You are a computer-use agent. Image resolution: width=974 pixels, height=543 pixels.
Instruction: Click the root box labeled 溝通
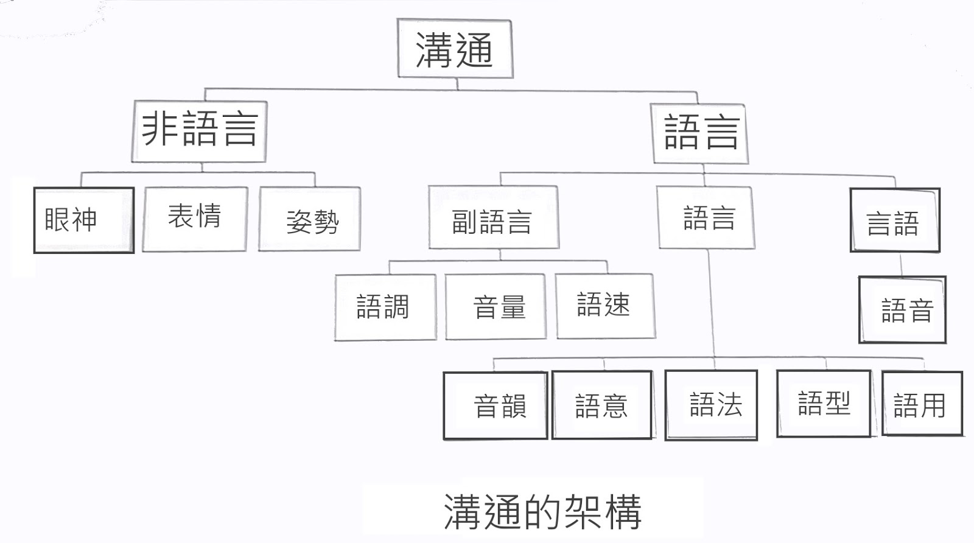coord(455,49)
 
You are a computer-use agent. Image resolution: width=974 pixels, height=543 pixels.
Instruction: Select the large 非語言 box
coord(199,130)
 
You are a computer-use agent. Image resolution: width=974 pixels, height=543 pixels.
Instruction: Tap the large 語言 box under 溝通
coord(700,133)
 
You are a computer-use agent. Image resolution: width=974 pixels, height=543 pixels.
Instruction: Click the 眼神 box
coord(83,220)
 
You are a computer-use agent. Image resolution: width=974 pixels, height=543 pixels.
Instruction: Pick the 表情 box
coord(195,219)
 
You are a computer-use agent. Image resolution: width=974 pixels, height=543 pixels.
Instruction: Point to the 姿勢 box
coord(310,220)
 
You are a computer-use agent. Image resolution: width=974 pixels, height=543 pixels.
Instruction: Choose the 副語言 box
coord(493,218)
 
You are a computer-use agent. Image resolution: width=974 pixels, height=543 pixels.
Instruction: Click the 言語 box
coord(895,220)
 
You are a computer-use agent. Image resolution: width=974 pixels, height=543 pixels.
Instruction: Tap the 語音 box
coord(902,310)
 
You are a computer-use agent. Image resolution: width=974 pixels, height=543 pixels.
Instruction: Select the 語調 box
coord(385,307)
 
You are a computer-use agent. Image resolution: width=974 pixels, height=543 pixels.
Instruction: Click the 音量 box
coord(496,307)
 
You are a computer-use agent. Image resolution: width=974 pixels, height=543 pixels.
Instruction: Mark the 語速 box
coord(606,306)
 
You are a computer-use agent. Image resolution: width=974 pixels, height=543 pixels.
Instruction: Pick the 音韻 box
coord(496,405)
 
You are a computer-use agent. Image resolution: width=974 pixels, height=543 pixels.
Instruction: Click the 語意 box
coord(602,405)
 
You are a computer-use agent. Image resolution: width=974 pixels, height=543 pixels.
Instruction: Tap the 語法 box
coord(711,405)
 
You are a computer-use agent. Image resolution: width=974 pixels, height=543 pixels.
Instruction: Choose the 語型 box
coord(824,403)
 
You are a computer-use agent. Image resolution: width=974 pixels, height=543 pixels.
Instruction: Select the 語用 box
coord(922,404)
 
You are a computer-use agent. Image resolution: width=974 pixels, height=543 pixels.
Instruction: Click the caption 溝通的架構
coord(542,511)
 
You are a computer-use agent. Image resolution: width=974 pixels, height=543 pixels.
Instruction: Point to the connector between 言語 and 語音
coord(902,264)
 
